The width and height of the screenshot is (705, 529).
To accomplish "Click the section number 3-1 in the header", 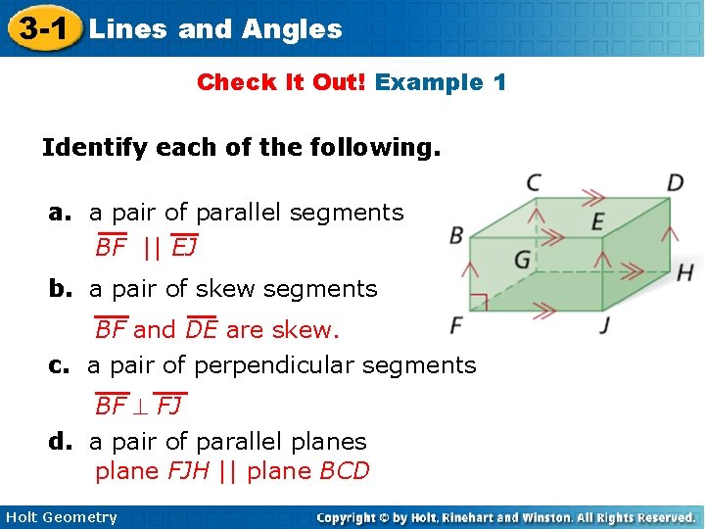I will click(40, 27).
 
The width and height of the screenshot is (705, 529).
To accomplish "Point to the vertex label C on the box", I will click(534, 182).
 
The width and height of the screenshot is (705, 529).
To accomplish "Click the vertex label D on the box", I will click(676, 183).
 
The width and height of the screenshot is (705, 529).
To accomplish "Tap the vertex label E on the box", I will click(597, 221).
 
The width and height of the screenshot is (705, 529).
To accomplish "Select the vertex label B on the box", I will click(456, 235).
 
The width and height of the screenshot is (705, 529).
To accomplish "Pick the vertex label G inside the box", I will click(522, 260).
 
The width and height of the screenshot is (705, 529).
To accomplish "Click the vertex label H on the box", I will click(684, 272).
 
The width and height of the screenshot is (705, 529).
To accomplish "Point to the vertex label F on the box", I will click(456, 324).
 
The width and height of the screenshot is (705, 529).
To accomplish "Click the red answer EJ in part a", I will click(184, 248).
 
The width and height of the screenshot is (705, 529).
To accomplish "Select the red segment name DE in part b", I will click(201, 330).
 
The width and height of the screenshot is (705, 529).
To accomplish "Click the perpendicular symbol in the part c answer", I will click(143, 406).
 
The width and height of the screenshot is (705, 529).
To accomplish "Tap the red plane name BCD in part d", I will click(345, 471).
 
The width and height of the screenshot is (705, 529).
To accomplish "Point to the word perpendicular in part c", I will click(278, 366).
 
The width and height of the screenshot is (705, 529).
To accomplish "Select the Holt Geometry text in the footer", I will click(61, 517).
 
